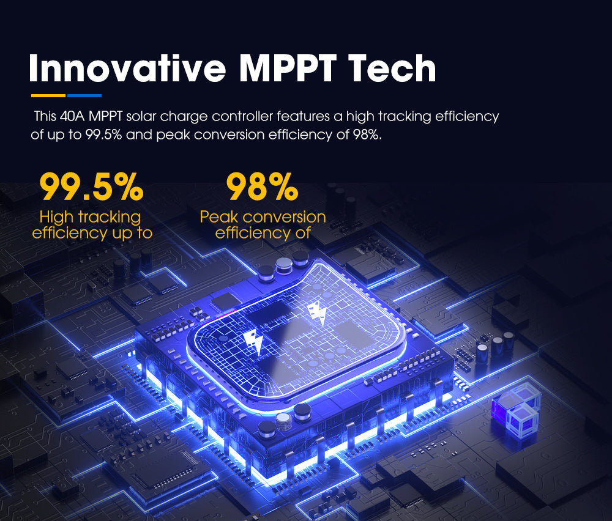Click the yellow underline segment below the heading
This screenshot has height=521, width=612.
[x=48, y=95]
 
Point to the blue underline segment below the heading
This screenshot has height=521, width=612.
[x=84, y=95]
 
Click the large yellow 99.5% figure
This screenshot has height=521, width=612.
[x=92, y=188]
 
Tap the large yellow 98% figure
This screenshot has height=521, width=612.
[x=263, y=188]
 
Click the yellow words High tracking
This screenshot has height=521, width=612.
[x=90, y=216]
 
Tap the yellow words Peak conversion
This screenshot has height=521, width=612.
[x=263, y=216]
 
